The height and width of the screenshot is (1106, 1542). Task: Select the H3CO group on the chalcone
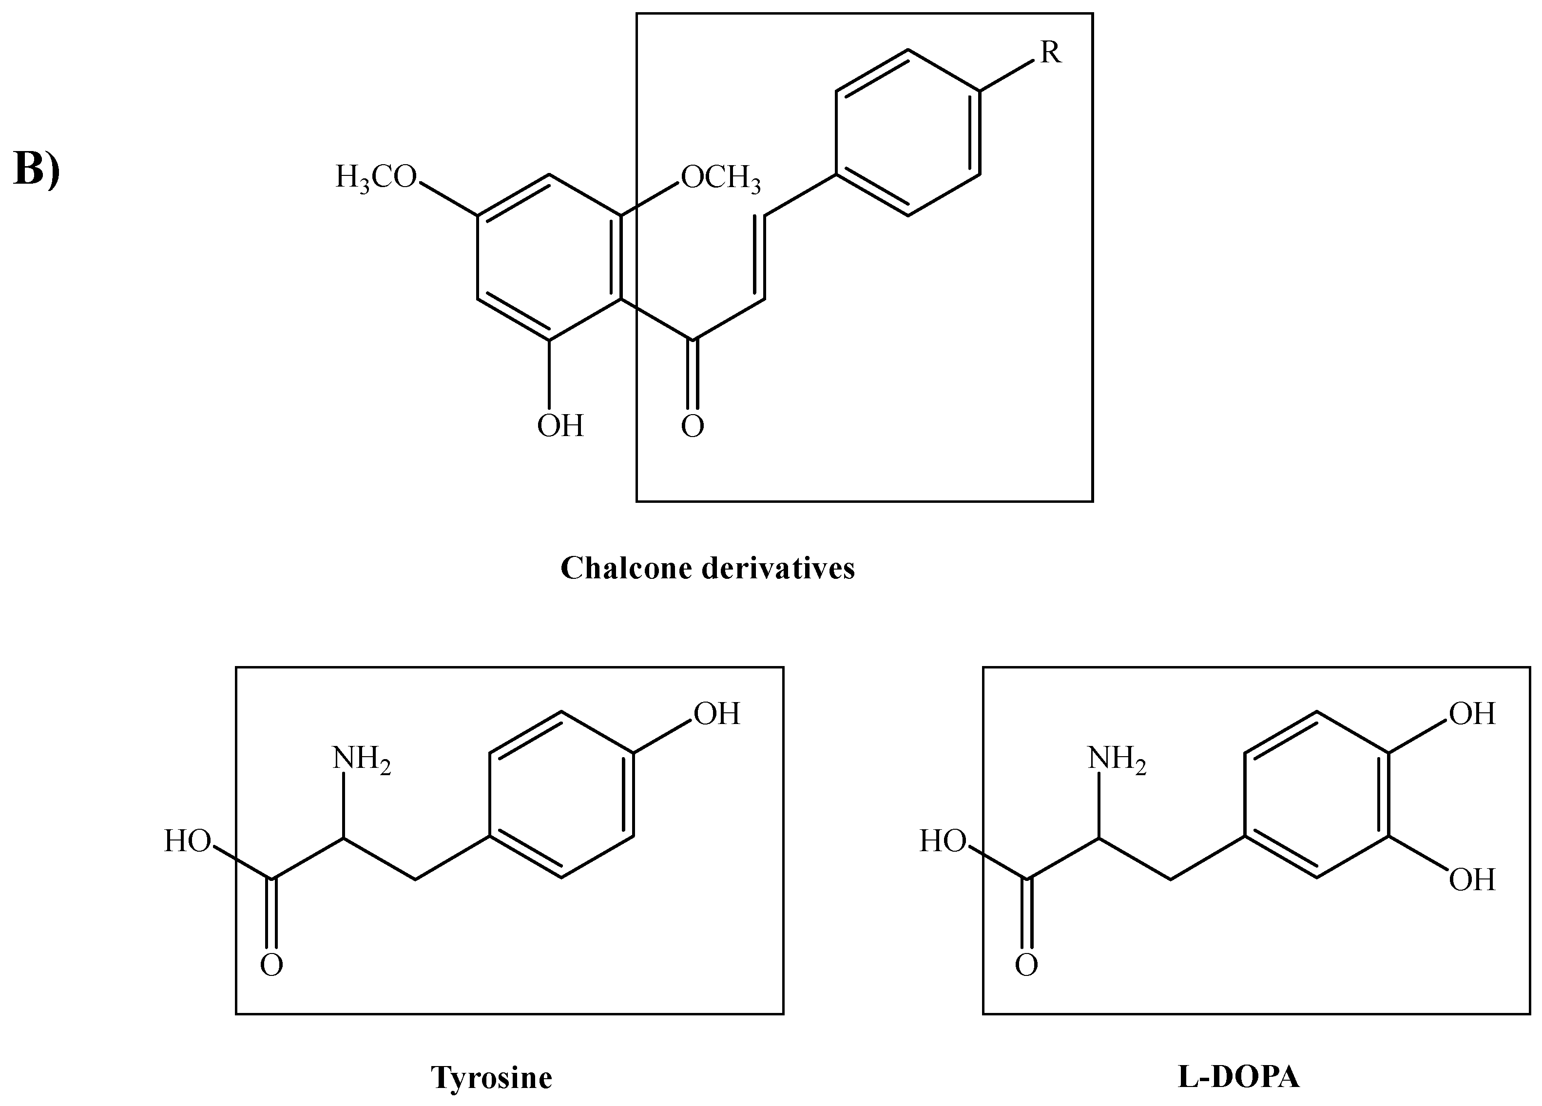(x=376, y=177)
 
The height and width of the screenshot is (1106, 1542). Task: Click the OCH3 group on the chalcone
(x=721, y=178)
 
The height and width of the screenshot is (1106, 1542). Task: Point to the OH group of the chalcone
(x=560, y=426)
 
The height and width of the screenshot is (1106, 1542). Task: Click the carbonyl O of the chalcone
(x=692, y=427)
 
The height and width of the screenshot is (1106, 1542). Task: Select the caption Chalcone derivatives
(x=707, y=568)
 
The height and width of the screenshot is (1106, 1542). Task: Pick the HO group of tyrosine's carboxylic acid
(x=187, y=841)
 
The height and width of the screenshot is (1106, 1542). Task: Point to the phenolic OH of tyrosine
(x=716, y=714)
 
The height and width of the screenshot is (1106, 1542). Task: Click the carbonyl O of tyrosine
(x=271, y=965)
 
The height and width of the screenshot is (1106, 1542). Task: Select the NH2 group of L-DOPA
(x=1117, y=759)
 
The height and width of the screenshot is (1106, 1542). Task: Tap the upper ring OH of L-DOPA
(x=1472, y=714)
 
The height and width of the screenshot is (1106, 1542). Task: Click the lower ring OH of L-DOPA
(x=1472, y=880)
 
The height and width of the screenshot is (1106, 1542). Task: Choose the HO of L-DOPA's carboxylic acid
(x=943, y=841)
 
